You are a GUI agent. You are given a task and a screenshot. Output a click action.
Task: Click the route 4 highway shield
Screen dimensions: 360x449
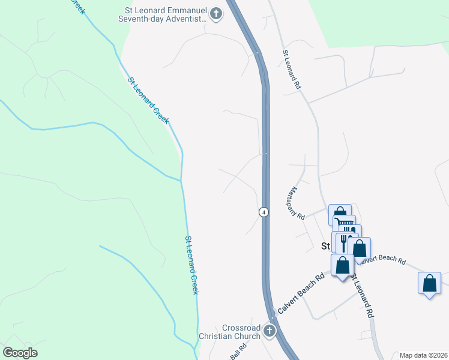coord(264,212)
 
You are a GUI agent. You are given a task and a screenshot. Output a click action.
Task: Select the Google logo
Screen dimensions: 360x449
coord(20,353)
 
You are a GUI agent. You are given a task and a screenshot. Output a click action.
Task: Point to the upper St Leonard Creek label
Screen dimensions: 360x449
coord(148,100)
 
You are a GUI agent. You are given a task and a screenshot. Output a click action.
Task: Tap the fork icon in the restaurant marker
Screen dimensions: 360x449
coord(344,241)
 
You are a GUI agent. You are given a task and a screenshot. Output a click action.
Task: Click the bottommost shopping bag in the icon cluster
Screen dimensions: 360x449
coord(343,265)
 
